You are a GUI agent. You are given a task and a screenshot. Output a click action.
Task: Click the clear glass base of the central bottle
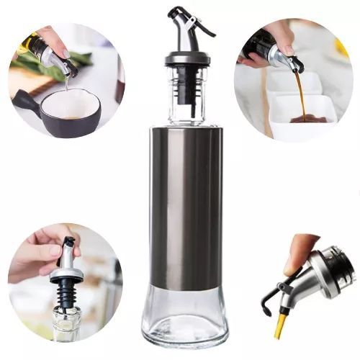point(185,317)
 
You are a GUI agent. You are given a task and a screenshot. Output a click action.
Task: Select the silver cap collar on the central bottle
point(187,58)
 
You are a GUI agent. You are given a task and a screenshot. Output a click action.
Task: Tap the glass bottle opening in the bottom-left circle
point(66,317)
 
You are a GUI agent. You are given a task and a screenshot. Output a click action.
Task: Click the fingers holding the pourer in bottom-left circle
point(40,252)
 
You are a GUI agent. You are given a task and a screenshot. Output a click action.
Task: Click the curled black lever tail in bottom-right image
point(266,303)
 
